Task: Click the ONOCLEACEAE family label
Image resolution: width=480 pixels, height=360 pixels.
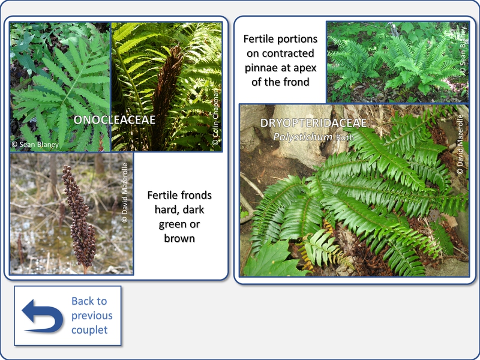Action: (x=115, y=119)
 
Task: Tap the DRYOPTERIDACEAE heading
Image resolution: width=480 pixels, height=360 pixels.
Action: (x=313, y=123)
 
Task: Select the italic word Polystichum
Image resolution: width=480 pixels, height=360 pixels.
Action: (x=302, y=137)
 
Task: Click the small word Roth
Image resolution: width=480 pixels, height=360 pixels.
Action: (x=344, y=137)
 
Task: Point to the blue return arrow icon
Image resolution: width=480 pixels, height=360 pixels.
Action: (x=43, y=316)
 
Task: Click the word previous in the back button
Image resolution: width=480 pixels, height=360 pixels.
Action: (x=92, y=316)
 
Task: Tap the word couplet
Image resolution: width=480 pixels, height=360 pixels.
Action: (x=89, y=330)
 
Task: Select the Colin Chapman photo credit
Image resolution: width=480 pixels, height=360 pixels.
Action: (x=215, y=117)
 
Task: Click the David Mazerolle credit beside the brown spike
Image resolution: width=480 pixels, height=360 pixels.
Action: (x=125, y=193)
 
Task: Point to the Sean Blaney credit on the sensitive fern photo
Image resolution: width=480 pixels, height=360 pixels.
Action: (x=35, y=145)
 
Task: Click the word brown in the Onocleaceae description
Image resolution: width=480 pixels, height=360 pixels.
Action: (x=179, y=238)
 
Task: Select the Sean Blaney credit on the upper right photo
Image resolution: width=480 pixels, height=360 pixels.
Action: (x=463, y=51)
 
